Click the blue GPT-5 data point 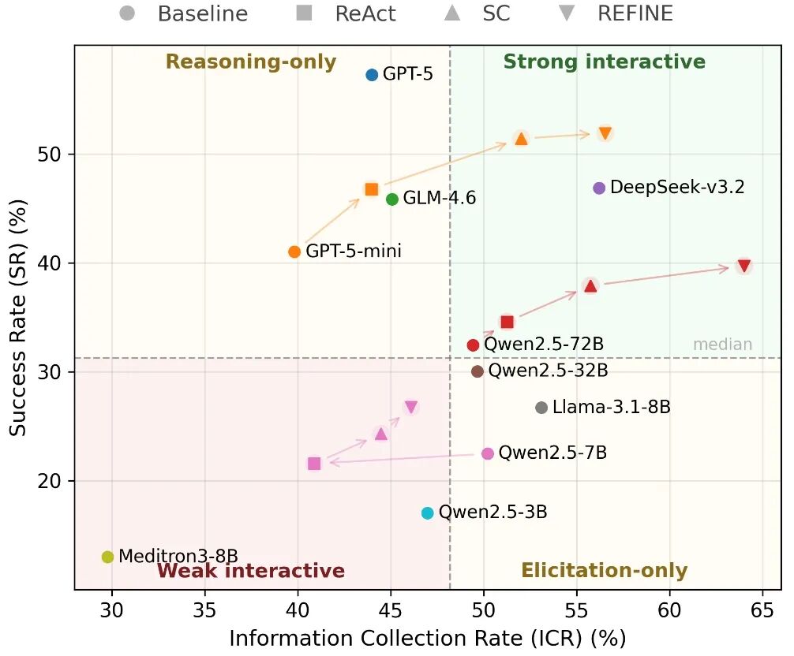pyautogui.click(x=372, y=75)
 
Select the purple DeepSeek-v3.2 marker pyautogui.click(x=599, y=188)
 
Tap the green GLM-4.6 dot pyautogui.click(x=392, y=199)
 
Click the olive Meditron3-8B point pyautogui.click(x=108, y=557)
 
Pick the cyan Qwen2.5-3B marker pyautogui.click(x=428, y=513)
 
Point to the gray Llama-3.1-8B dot pyautogui.click(x=541, y=408)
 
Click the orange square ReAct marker pyautogui.click(x=372, y=189)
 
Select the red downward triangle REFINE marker pyautogui.click(x=743, y=266)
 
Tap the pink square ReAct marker pyautogui.click(x=314, y=464)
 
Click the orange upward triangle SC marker pyautogui.click(x=521, y=138)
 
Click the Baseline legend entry pyautogui.click(x=185, y=13)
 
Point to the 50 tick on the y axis pyautogui.click(x=53, y=155)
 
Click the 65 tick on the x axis pyautogui.click(x=762, y=609)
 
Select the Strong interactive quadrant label pyautogui.click(x=605, y=61)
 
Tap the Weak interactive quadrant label pyautogui.click(x=251, y=571)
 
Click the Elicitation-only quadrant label pyautogui.click(x=605, y=571)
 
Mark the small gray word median pyautogui.click(x=722, y=345)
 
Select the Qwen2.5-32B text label pyautogui.click(x=549, y=371)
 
